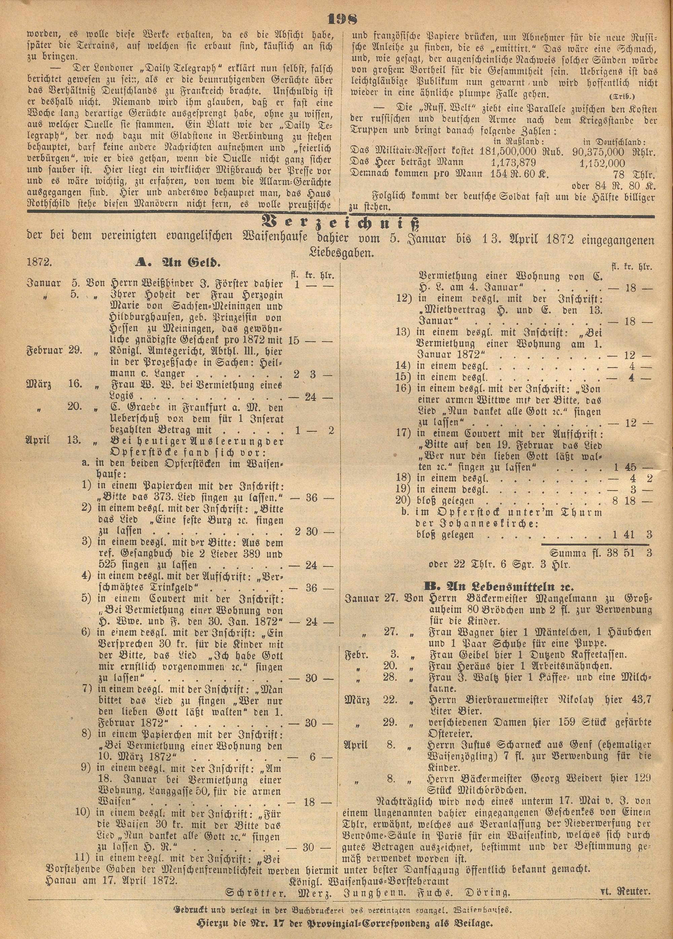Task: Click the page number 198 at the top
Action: click(342, 20)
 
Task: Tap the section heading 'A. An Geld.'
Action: click(178, 262)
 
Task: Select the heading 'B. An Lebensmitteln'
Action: click(499, 587)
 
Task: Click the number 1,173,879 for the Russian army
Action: click(513, 162)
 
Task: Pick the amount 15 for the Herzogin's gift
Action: click(293, 340)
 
